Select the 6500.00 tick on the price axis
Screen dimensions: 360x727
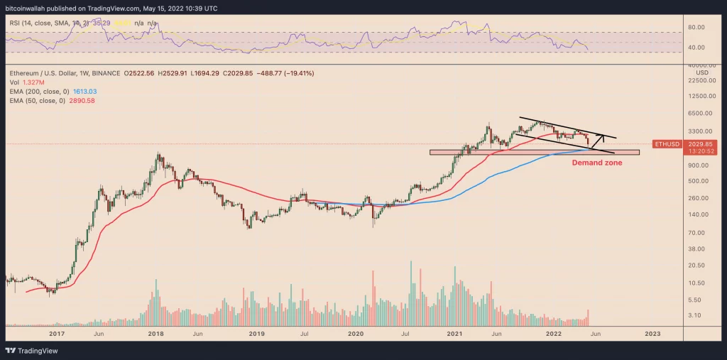(x=701, y=113)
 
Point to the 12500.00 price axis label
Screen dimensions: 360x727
(x=702, y=95)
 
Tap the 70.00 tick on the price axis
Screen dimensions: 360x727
(x=699, y=232)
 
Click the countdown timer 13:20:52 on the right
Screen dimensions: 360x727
(x=701, y=151)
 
